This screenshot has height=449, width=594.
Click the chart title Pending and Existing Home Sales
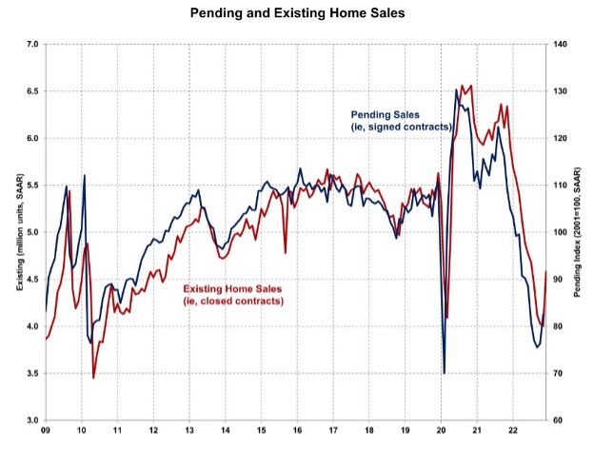tap(296, 15)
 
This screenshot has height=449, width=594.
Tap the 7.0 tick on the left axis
tap(31, 45)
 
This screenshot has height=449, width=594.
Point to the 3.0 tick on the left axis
tap(31, 420)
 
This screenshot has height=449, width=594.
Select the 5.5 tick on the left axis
tap(31, 185)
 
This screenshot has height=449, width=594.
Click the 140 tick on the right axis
tap(562, 45)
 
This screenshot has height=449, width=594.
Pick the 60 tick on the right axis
tap(560, 420)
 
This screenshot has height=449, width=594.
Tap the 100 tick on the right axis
tap(562, 232)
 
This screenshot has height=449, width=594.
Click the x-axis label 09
tap(46, 432)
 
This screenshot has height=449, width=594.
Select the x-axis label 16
tap(297, 432)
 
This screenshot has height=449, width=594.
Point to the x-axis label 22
tap(513, 432)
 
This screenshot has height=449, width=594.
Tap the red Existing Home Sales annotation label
tap(232, 287)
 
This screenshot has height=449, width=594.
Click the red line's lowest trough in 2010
tap(93, 378)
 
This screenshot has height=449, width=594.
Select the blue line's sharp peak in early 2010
tap(85, 175)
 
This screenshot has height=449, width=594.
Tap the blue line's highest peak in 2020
tap(455, 90)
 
